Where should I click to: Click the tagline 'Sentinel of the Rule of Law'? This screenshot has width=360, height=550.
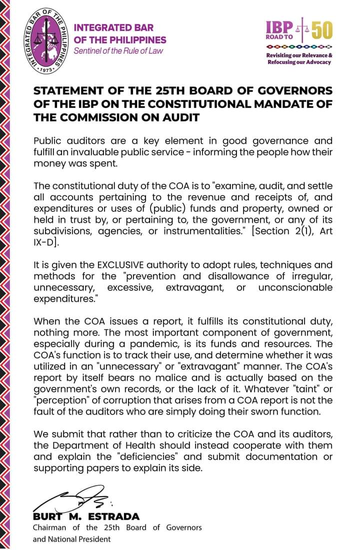click(118, 50)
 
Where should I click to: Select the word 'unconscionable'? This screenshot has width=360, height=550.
click(295, 287)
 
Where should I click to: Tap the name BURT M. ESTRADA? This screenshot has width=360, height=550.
click(86, 517)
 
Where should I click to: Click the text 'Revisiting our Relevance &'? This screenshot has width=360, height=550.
click(299, 55)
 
